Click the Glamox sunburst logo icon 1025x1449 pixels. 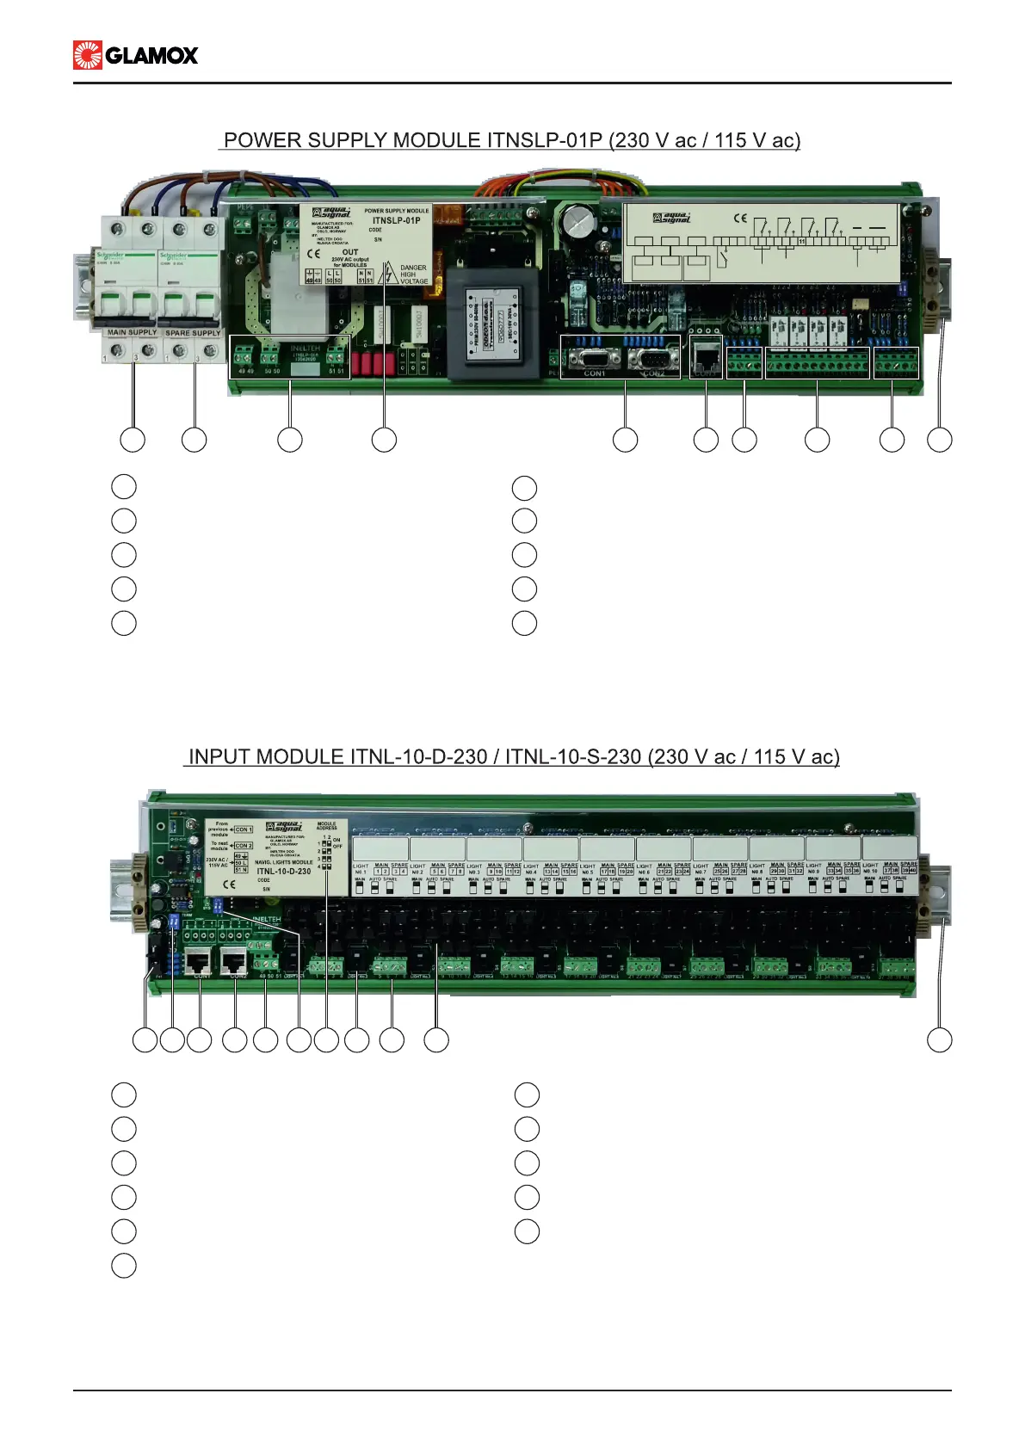tap(88, 55)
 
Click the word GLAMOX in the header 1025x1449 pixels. tap(151, 56)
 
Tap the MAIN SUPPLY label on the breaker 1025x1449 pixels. tap(132, 332)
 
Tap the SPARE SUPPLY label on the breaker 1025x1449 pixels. tap(193, 333)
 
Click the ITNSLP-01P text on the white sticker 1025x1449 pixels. tap(396, 220)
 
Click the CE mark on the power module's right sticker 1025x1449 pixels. tap(740, 219)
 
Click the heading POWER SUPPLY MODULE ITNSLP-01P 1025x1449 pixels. tap(511, 140)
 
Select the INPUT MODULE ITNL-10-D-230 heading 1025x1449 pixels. tap(513, 757)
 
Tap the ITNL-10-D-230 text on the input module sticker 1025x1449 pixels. tap(283, 871)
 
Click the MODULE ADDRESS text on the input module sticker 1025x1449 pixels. tap(327, 826)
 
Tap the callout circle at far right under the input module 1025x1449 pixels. tap(939, 1039)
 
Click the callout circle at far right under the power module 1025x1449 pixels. tap(939, 440)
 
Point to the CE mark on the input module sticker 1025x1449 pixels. tap(229, 884)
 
